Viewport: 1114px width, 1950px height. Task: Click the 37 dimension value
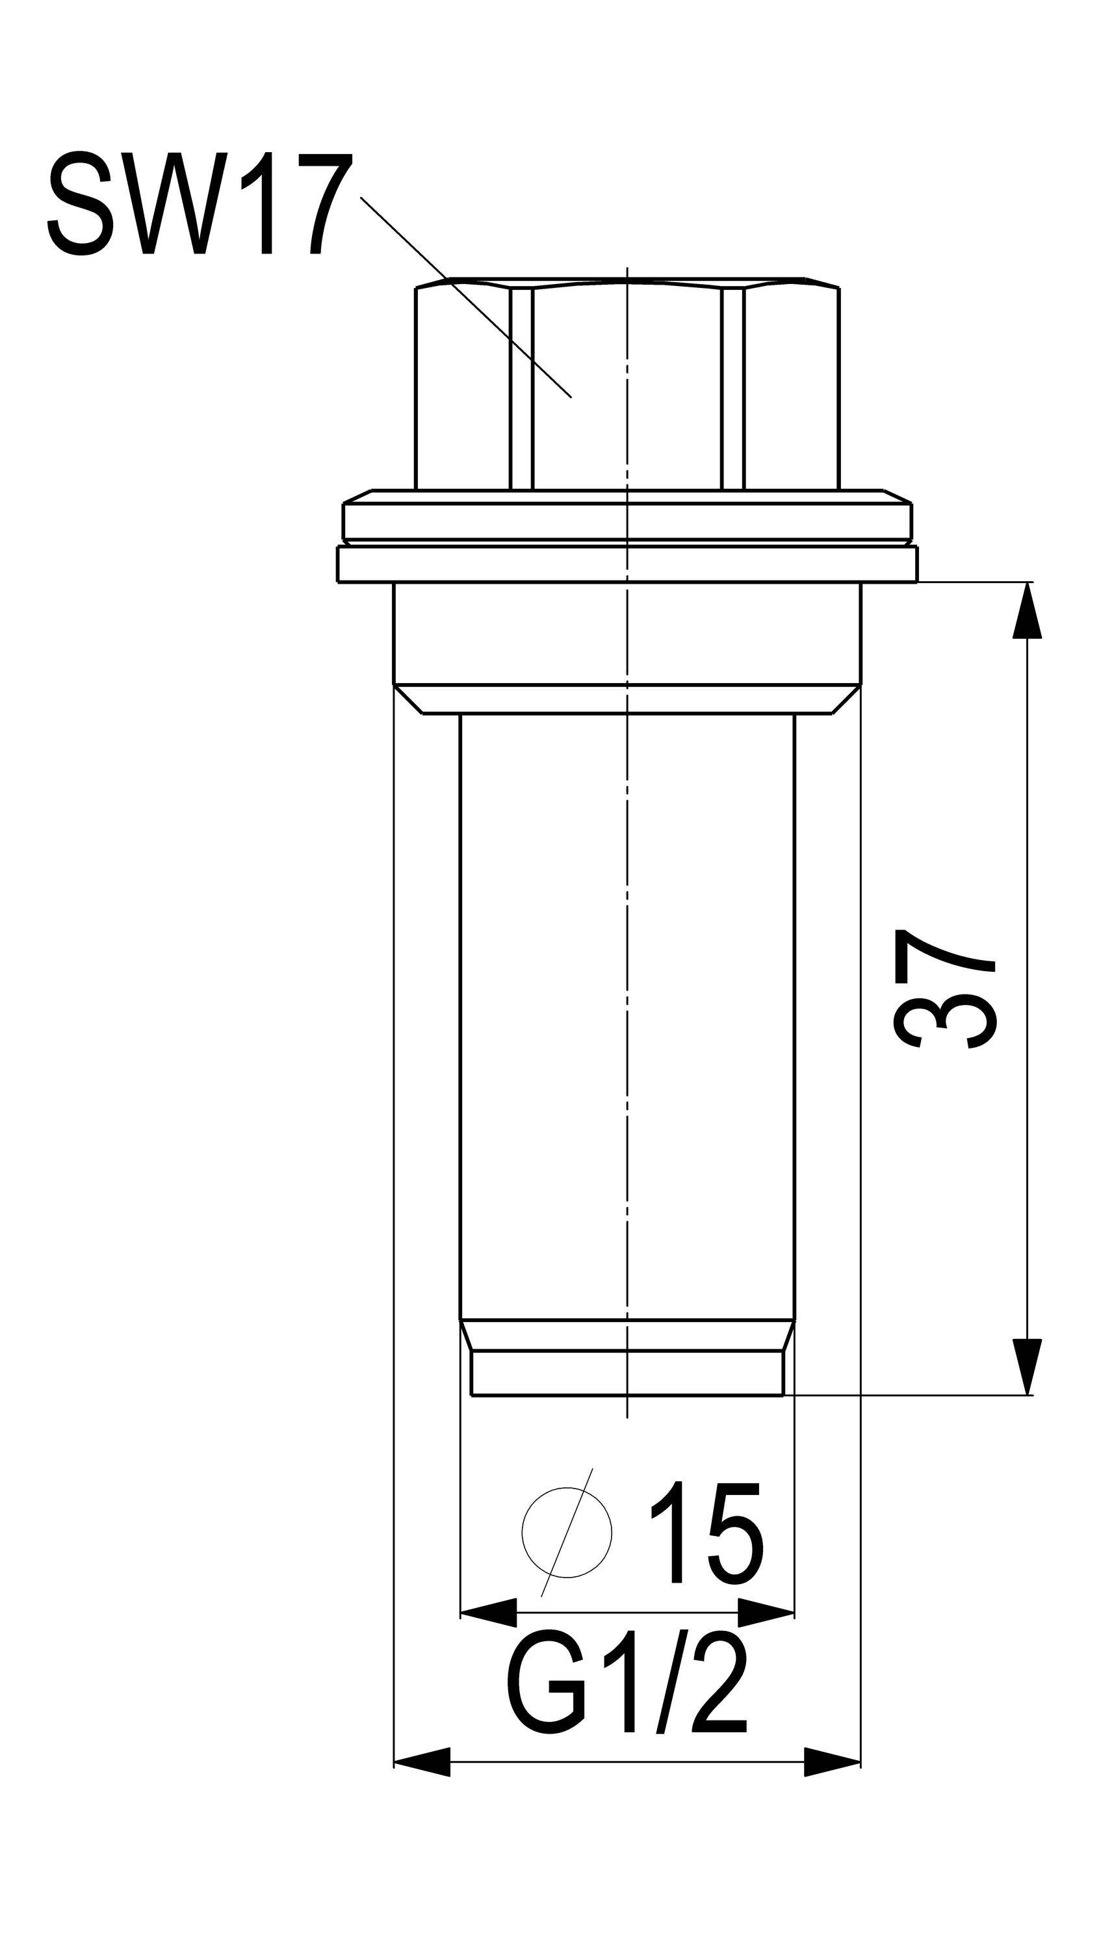click(945, 990)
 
